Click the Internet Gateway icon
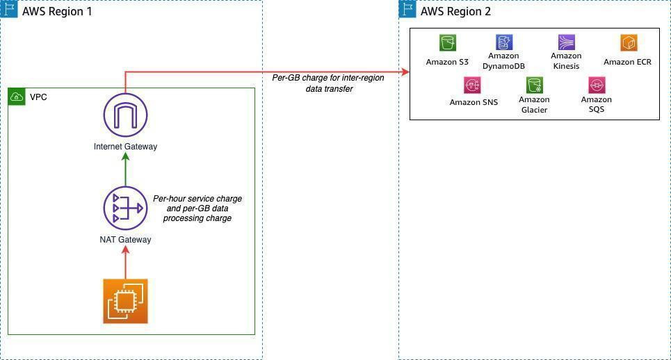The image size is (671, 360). point(125,115)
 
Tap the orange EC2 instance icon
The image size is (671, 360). point(125,301)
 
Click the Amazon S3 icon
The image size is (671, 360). point(447,43)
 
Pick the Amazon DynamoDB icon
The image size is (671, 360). point(503,43)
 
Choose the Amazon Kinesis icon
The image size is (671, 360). point(566,43)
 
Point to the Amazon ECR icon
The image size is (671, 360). point(628,43)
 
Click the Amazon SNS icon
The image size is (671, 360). point(473,85)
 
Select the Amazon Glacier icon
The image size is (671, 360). point(534,85)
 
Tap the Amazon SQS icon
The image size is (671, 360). point(597,85)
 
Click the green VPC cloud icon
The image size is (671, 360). point(17,97)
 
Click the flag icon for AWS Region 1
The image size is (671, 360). point(9,10)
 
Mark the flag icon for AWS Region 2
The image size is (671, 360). point(407,10)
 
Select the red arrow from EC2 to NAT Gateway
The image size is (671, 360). point(125,263)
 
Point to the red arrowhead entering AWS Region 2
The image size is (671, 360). point(405,72)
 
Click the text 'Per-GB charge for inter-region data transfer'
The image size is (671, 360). point(328,83)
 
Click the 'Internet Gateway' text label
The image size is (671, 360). point(125,147)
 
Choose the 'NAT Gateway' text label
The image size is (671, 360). point(125,240)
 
